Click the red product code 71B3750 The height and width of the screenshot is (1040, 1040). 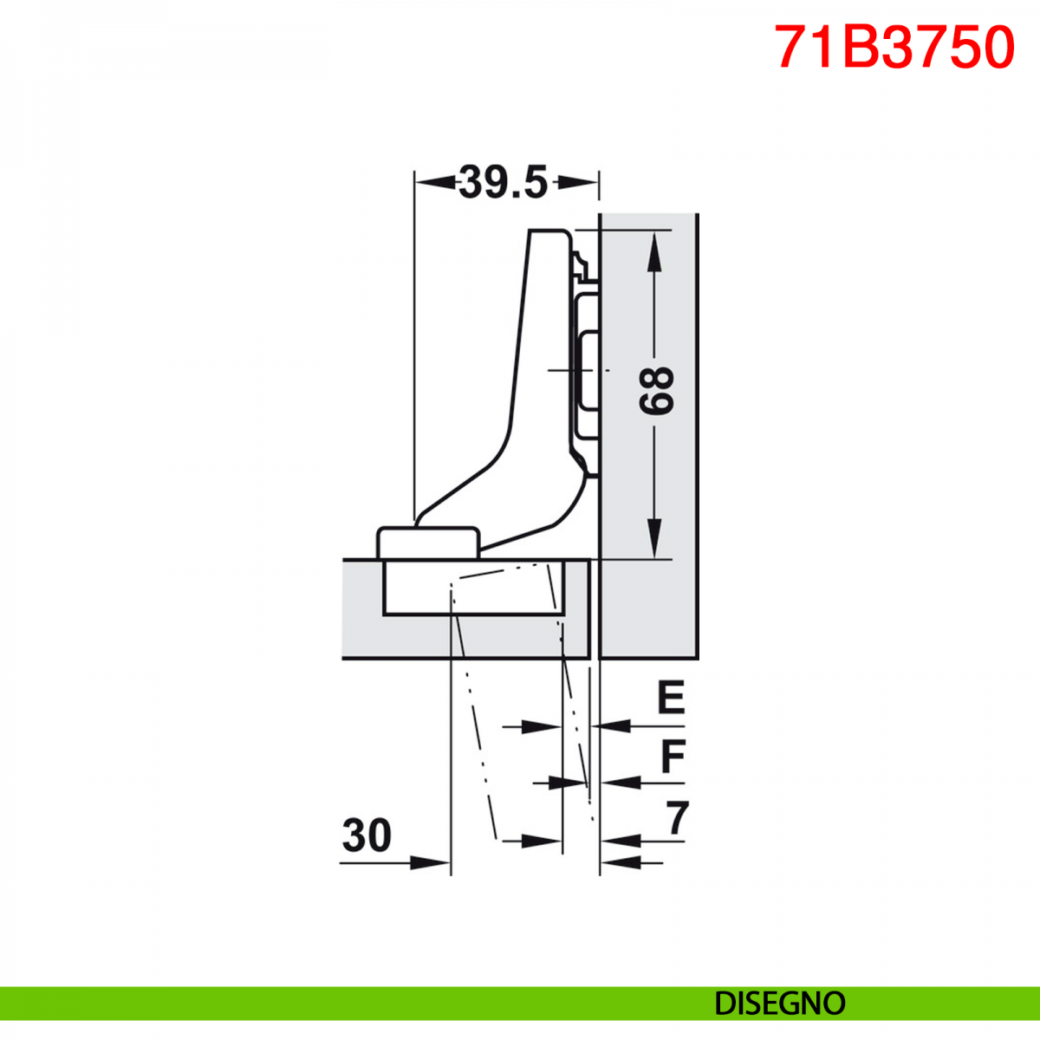coord(894,48)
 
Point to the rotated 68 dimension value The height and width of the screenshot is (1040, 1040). coord(656,391)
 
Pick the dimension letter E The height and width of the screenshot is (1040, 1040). coord(671,697)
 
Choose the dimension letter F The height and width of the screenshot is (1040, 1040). coord(673,756)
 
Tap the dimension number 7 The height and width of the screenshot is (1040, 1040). coord(678,817)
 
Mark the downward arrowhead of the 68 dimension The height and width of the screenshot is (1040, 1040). coord(654,538)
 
